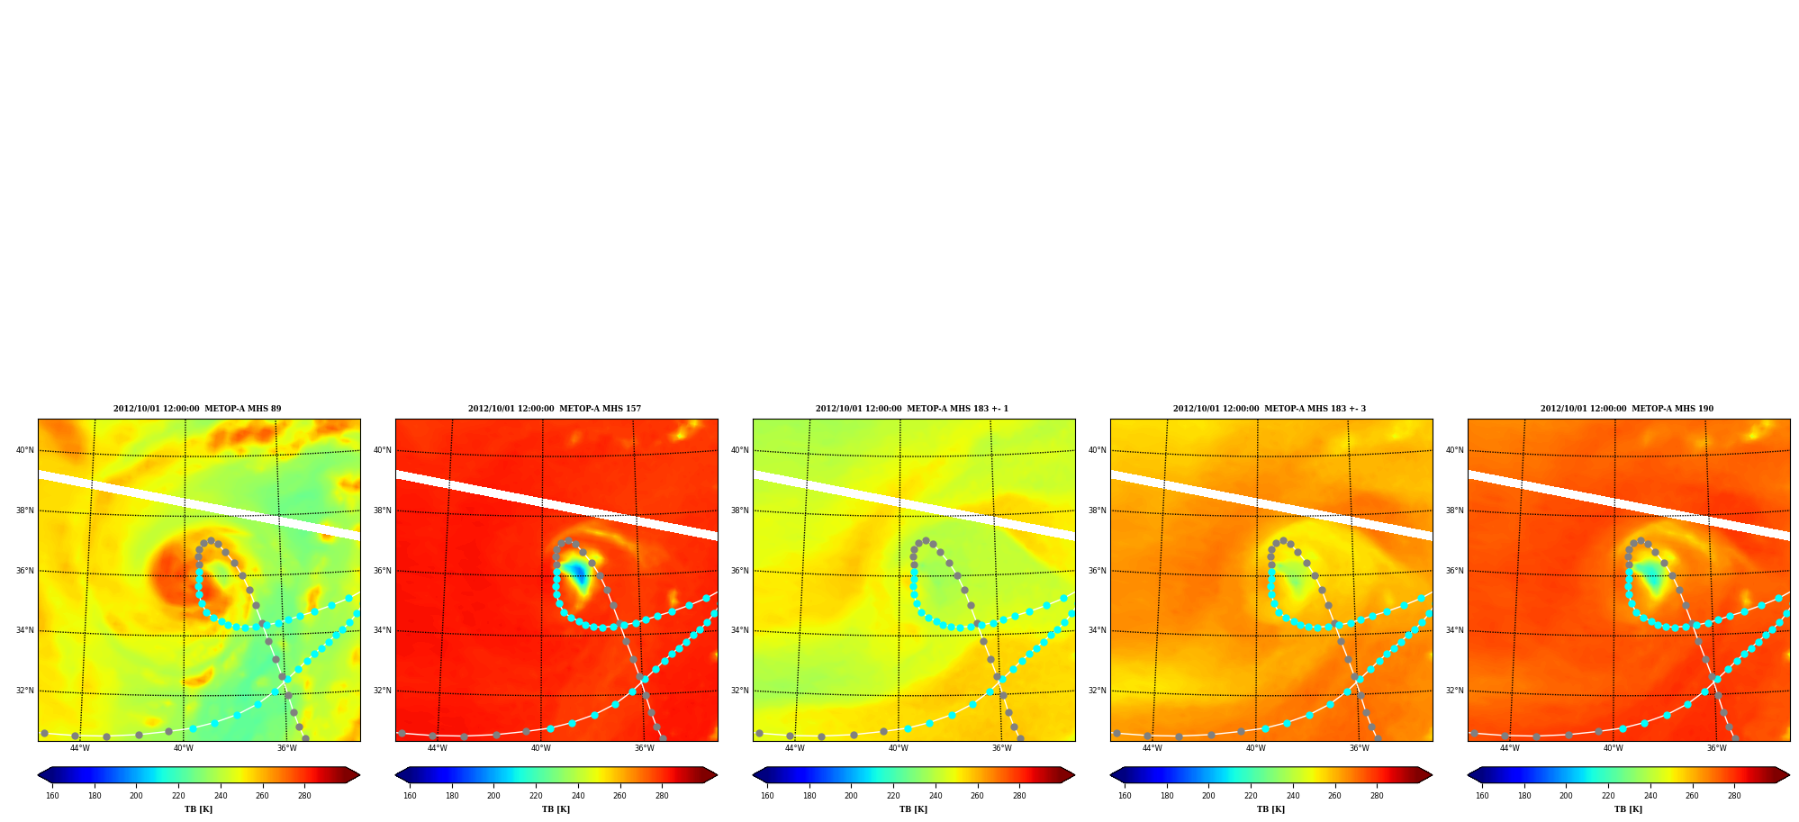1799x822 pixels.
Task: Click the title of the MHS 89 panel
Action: pyautogui.click(x=197, y=409)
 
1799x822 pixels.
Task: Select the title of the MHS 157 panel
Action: pyautogui.click(x=555, y=409)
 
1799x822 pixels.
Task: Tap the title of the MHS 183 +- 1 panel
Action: pyautogui.click(x=912, y=409)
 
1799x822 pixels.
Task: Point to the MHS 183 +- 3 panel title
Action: pyautogui.click(x=1270, y=409)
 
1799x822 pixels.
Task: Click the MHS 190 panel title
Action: pyautogui.click(x=1627, y=409)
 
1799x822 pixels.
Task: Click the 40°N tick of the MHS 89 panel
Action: pyautogui.click(x=25, y=450)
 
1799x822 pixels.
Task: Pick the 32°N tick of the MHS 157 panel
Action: pyautogui.click(x=383, y=691)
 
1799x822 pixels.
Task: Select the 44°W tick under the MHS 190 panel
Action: pyautogui.click(x=1510, y=748)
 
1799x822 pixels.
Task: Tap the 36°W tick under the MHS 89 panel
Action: pyautogui.click(x=286, y=748)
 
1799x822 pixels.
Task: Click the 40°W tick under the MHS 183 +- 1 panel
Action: pyautogui.click(x=899, y=748)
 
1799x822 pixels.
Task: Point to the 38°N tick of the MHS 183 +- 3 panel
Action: pyautogui.click(x=1098, y=510)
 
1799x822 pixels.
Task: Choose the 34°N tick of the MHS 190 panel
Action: pyautogui.click(x=1455, y=630)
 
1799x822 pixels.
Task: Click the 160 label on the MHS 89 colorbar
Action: pyautogui.click(x=52, y=796)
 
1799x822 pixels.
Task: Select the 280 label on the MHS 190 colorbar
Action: pyautogui.click(x=1734, y=796)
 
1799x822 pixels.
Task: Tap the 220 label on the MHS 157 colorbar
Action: pyautogui.click(x=536, y=796)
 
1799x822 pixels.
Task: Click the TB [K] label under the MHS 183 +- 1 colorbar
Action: pyautogui.click(x=914, y=809)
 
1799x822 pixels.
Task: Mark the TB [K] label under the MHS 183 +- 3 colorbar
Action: pyautogui.click(x=1271, y=809)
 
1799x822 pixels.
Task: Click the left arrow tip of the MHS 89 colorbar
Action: pyautogui.click(x=38, y=775)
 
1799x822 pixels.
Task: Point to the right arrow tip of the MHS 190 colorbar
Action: pyautogui.click(x=1790, y=775)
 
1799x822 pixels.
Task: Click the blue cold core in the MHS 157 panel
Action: pyautogui.click(x=578, y=573)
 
